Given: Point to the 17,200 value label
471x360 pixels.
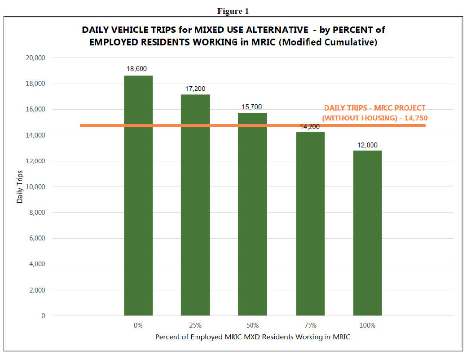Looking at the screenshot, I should tap(195, 89).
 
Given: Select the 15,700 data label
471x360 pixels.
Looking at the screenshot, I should tap(252, 107).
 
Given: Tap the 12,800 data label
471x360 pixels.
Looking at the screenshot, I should tap(367, 145).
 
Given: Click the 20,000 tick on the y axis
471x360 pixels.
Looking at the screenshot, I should tap(35, 58).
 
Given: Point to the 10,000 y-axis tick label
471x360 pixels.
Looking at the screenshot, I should tap(35, 187).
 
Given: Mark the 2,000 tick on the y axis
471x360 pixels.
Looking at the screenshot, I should tap(37, 290).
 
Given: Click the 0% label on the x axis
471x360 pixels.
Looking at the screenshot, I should tap(138, 325).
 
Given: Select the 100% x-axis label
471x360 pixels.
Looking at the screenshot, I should tap(367, 325).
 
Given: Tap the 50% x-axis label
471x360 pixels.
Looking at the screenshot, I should tap(253, 325).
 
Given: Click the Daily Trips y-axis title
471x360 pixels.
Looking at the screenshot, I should tap(20, 187).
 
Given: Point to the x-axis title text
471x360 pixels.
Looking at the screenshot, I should tap(253, 337).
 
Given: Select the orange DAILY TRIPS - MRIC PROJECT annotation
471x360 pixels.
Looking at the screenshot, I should tap(375, 113).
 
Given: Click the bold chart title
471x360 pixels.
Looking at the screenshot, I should tap(233, 36).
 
